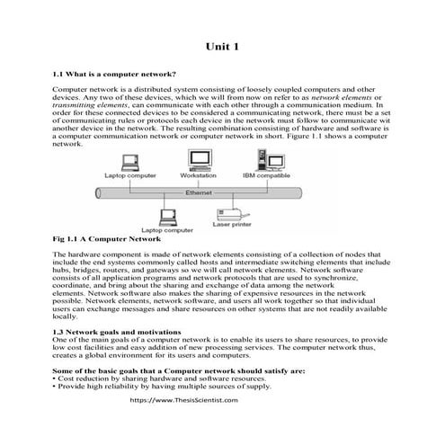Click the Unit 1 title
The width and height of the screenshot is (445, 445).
[x=222, y=47]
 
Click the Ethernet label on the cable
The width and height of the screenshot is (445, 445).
[x=197, y=193]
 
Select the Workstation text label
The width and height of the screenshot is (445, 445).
[x=198, y=175]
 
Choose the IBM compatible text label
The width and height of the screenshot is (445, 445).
[x=266, y=175]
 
